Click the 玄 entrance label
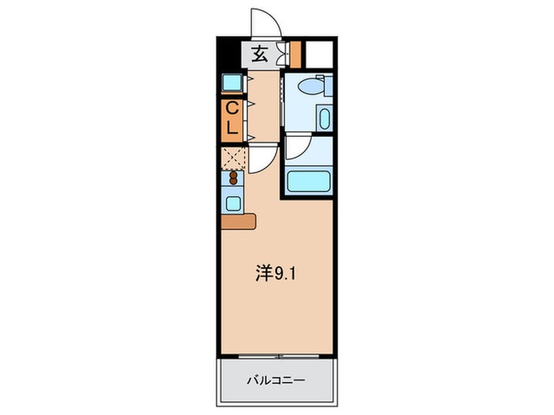259,55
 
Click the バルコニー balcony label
277,380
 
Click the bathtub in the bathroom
309,181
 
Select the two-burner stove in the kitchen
233,178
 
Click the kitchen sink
233,203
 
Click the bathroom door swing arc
299,148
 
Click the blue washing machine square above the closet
233,83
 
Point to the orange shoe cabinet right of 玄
296,54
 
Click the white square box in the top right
319,54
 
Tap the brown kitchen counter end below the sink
240,221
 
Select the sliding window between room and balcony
277,356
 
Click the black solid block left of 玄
229,55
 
